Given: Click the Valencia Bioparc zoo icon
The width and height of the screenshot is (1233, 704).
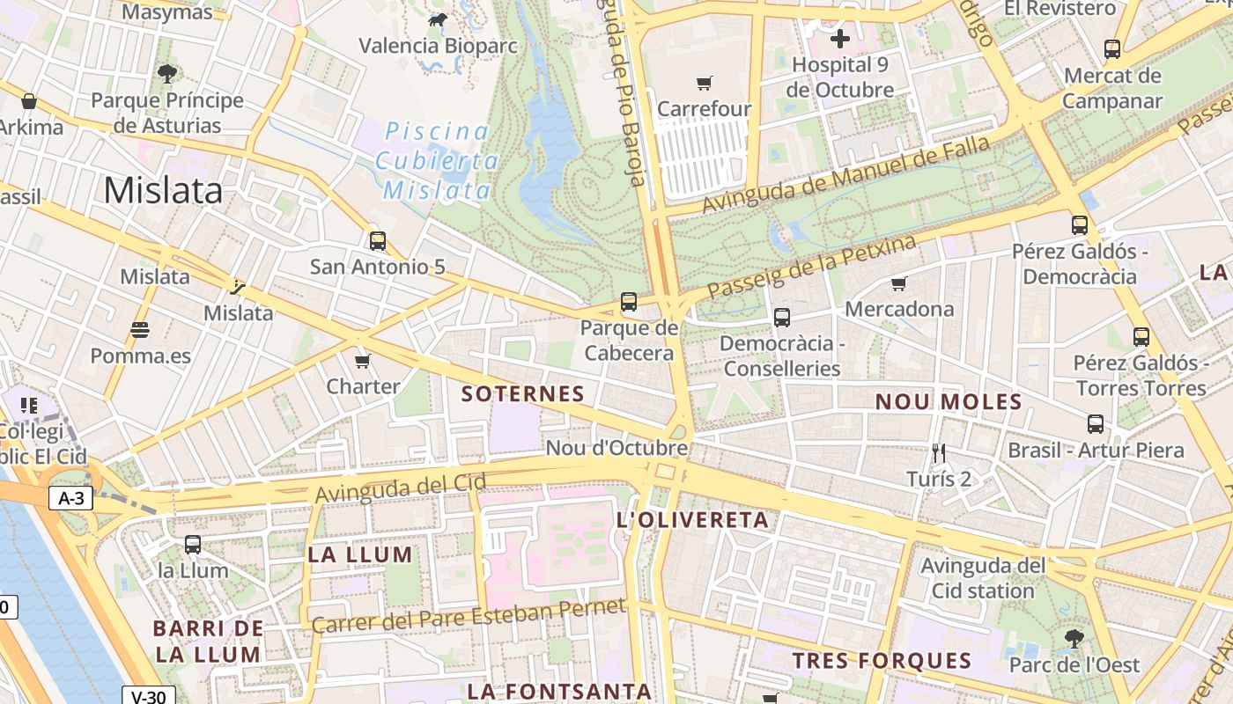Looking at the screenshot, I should [437, 19].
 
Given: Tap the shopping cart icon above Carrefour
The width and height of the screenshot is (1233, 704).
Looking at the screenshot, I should [704, 84].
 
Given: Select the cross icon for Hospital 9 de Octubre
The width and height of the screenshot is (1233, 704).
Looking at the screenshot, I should [840, 38].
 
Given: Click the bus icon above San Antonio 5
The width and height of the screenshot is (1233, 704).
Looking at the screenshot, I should [378, 240].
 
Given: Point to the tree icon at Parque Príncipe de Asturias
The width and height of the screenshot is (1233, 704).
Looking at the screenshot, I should [166, 74].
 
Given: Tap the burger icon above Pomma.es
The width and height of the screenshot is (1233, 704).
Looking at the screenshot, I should [139, 330].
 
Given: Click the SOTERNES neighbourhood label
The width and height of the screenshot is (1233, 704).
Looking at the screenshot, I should [523, 393].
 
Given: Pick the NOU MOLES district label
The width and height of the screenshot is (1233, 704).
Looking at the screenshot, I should [948, 402].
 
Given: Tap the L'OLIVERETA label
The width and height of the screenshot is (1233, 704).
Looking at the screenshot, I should [693, 520].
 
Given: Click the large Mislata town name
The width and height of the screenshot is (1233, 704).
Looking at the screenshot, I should [163, 190].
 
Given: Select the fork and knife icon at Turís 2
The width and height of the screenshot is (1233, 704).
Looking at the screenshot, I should [939, 453].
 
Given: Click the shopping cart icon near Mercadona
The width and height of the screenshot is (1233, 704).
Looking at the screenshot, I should [898, 283].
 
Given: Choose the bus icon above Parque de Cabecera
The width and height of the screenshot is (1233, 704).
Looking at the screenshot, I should [629, 302].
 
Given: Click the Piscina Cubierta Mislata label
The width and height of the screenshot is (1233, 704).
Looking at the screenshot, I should [438, 161].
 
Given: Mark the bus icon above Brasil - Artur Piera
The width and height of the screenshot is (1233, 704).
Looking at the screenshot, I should [1095, 424].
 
